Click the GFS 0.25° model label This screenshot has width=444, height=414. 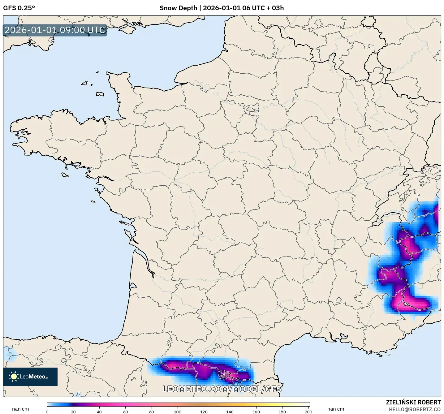point(19,8)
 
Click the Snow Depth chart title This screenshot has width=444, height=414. point(222,8)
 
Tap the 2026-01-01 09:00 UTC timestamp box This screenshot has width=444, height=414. point(55,30)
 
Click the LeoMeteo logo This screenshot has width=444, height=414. point(30,377)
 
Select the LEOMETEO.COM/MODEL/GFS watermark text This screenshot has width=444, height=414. point(222,389)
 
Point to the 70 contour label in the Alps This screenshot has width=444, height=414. point(406,304)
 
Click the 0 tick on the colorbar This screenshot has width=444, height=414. point(47,412)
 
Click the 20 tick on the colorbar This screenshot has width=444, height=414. point(73,412)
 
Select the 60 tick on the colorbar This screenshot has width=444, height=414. point(126,412)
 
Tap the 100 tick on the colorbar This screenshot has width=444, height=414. point(178,412)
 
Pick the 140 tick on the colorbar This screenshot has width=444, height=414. point(230,412)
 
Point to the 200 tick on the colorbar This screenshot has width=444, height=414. point(308,412)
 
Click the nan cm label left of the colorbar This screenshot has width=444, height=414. point(20,409)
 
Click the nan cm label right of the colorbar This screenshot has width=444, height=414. point(336,409)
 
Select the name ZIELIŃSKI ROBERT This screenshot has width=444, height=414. point(413,402)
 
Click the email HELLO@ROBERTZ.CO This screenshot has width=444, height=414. point(415,409)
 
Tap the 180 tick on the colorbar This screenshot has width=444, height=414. point(282,412)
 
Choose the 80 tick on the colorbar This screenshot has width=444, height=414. point(152,412)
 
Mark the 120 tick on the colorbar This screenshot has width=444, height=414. point(204,412)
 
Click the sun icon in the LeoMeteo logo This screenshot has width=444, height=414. point(14,377)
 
